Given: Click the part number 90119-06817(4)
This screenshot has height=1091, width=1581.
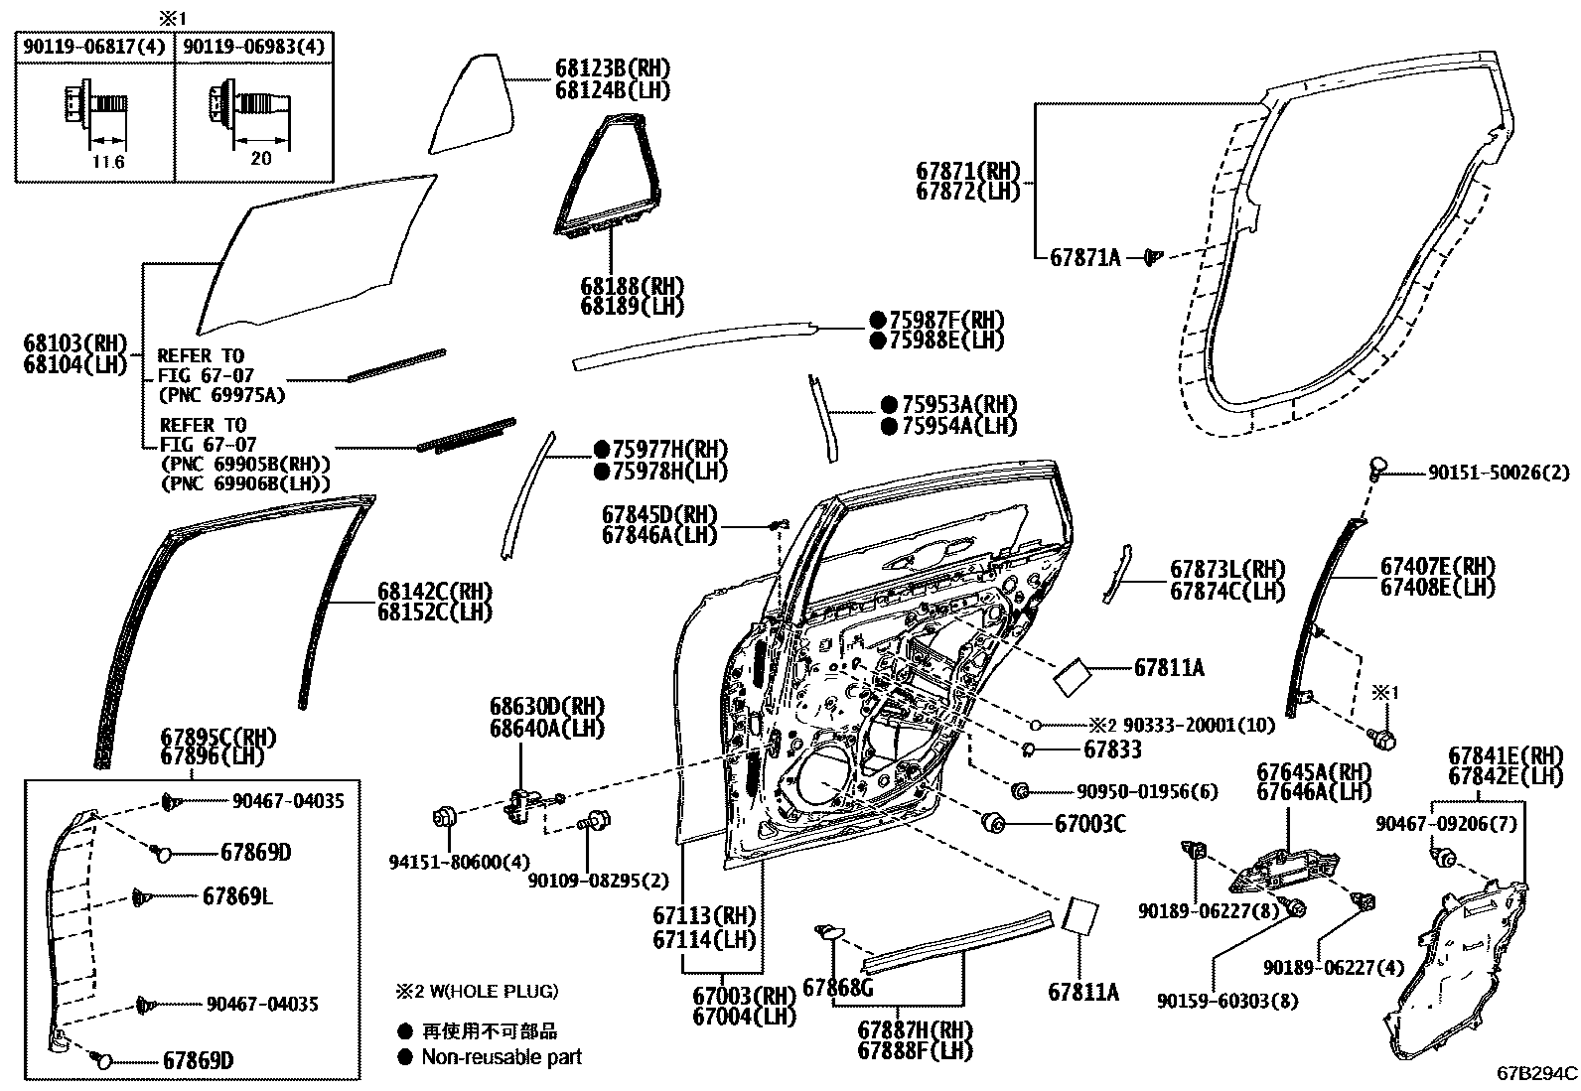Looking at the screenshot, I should coord(94,46).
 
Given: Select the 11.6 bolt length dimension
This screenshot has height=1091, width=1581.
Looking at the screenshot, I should coord(106,162).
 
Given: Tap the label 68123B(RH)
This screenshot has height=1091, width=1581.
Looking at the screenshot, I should coord(612,68).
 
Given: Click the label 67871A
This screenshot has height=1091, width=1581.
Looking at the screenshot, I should coord(1084,258).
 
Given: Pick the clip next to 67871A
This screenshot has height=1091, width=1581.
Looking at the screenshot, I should coord(1152,257).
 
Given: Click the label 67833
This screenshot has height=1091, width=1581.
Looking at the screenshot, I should coord(1112,750).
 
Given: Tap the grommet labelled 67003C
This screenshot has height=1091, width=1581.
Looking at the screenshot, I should coord(991,823).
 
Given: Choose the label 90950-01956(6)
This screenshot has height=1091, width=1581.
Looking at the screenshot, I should coord(1147,792).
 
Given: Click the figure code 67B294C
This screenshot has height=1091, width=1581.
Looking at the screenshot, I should coord(1537,1073).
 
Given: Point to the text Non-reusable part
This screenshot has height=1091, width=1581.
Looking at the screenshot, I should coord(502,1057).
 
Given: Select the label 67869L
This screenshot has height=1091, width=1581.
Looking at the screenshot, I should coord(237,896).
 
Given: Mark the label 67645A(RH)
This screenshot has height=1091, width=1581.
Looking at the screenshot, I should coord(1313,771).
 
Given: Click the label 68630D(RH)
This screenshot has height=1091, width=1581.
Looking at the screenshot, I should coord(546,707).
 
